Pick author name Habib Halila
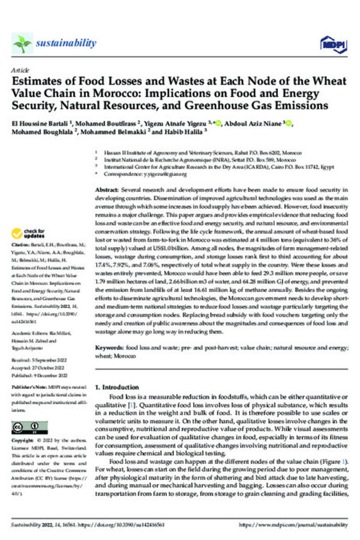point(193,132)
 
